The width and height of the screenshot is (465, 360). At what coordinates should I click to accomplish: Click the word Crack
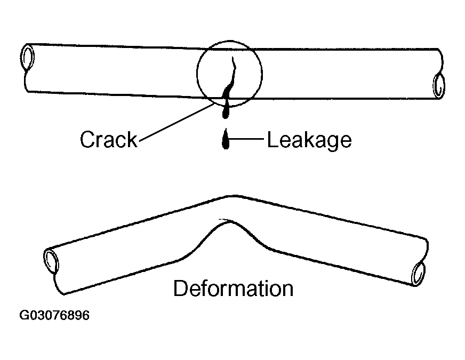click(x=108, y=140)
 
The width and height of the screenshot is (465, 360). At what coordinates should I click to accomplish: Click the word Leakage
click(x=309, y=140)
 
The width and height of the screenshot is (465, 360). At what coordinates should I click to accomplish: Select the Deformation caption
click(x=233, y=289)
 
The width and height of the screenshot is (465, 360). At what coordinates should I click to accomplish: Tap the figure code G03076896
click(x=54, y=316)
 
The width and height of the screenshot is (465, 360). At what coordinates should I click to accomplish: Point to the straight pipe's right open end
click(x=438, y=85)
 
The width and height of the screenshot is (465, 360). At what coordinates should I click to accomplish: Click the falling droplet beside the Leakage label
click(x=225, y=141)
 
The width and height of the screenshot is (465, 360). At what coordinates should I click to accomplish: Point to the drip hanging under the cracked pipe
click(x=227, y=107)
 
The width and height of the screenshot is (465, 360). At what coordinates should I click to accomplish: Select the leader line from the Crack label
click(x=176, y=121)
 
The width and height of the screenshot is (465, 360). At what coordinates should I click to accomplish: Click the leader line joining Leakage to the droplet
click(x=248, y=140)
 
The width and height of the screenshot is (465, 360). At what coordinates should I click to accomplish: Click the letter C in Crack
click(x=87, y=140)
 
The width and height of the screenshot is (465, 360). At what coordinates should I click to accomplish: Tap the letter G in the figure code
click(x=25, y=316)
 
